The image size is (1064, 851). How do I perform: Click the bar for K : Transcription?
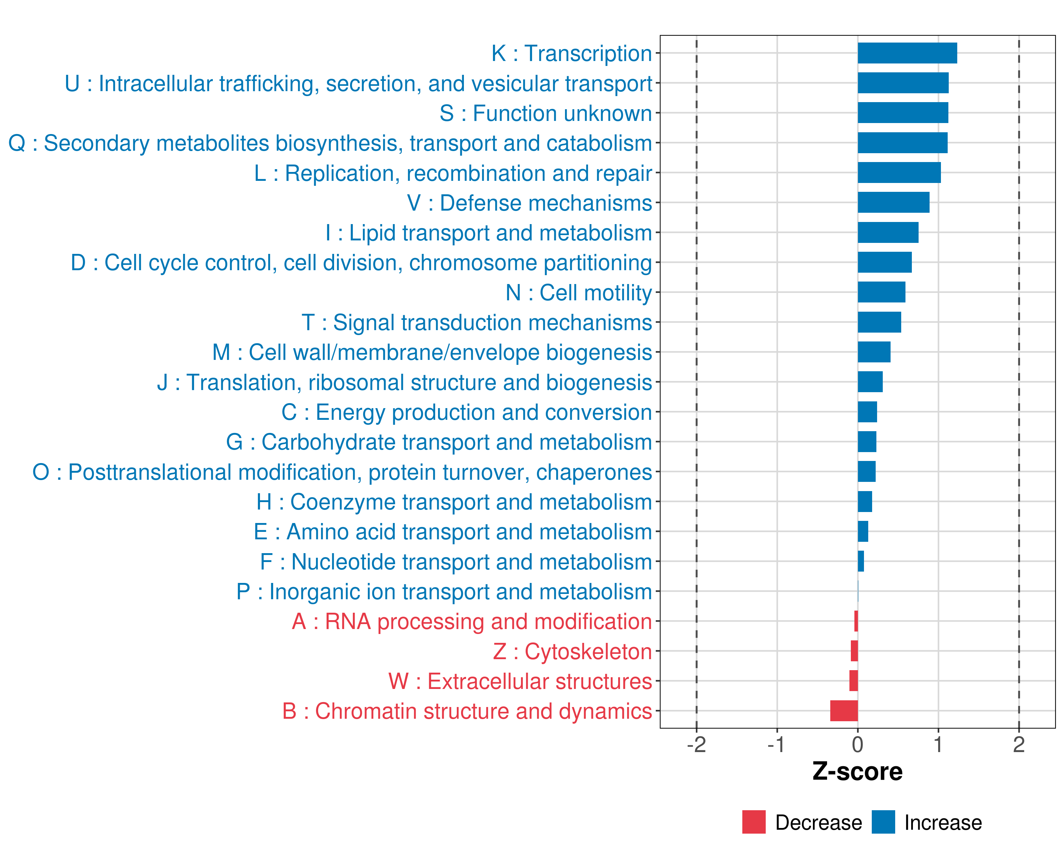[907, 53]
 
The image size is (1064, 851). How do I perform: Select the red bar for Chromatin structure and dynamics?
[844, 711]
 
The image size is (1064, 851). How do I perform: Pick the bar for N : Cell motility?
[881, 292]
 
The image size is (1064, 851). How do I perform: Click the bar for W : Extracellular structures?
[853, 681]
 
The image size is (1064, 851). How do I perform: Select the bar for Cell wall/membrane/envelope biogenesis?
[874, 352]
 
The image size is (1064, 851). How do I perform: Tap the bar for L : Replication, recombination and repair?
[899, 173]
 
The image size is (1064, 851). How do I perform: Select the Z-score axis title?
[858, 772]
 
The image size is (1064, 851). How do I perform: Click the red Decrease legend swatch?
[754, 822]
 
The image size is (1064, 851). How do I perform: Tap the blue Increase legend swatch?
[883, 822]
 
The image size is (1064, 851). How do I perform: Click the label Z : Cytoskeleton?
[572, 652]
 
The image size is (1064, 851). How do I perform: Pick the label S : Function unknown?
[546, 113]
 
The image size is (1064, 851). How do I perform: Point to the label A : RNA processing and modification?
[472, 622]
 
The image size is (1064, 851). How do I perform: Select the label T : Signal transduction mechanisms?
[477, 323]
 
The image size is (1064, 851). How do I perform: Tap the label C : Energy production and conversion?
[467, 412]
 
